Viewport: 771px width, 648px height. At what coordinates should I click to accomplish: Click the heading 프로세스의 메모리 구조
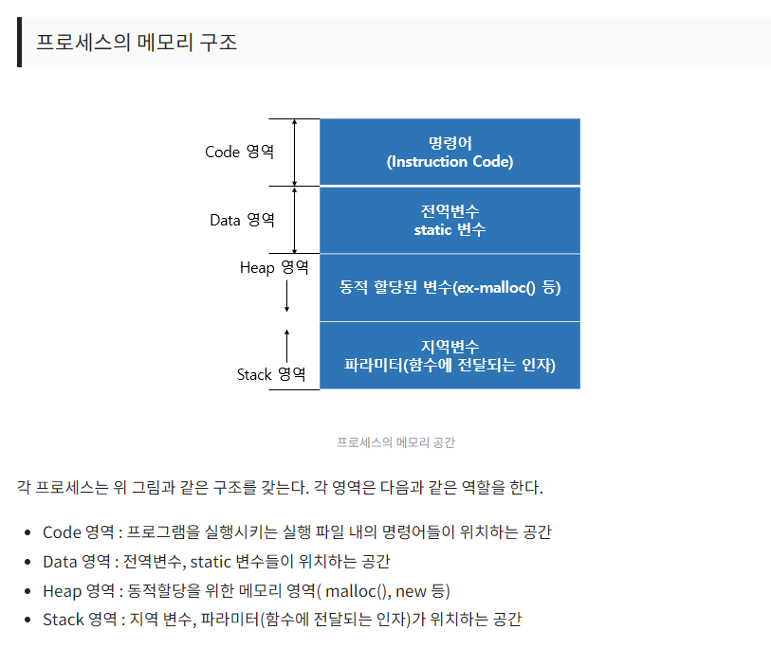[x=137, y=42]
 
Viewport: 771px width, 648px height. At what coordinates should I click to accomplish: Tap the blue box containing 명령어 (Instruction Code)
[x=450, y=152]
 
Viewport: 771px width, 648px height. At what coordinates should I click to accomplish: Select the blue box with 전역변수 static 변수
[x=450, y=220]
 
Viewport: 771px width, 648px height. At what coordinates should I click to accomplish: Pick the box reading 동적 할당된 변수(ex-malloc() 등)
[x=450, y=287]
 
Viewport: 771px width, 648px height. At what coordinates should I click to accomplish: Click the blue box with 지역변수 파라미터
[x=450, y=355]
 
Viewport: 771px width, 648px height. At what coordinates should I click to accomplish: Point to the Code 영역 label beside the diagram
[x=239, y=152]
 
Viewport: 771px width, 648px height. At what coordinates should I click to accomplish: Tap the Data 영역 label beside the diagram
[x=242, y=220]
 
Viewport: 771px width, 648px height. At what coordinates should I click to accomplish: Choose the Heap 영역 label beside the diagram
[x=274, y=268]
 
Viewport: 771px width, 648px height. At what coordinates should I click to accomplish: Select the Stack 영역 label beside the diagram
[x=271, y=374]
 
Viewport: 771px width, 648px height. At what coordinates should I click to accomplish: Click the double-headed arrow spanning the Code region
[x=295, y=152]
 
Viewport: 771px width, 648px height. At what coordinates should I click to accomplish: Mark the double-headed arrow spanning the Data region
[x=295, y=220]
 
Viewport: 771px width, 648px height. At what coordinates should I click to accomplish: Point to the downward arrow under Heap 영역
[x=287, y=297]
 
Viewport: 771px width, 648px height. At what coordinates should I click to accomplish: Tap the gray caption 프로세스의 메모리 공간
[x=395, y=442]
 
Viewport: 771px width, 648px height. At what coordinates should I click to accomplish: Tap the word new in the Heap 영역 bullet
[x=411, y=591]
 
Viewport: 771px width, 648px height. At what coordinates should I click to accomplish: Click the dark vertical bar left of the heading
[x=19, y=42]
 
